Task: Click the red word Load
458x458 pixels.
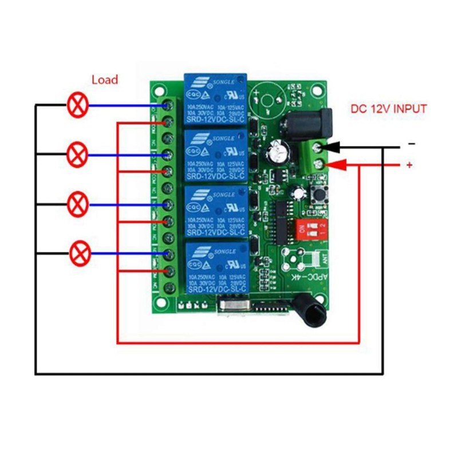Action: (x=105, y=80)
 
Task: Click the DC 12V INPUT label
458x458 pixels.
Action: (x=388, y=109)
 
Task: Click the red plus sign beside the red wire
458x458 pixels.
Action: (x=409, y=165)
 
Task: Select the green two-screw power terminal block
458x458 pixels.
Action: (x=314, y=156)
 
